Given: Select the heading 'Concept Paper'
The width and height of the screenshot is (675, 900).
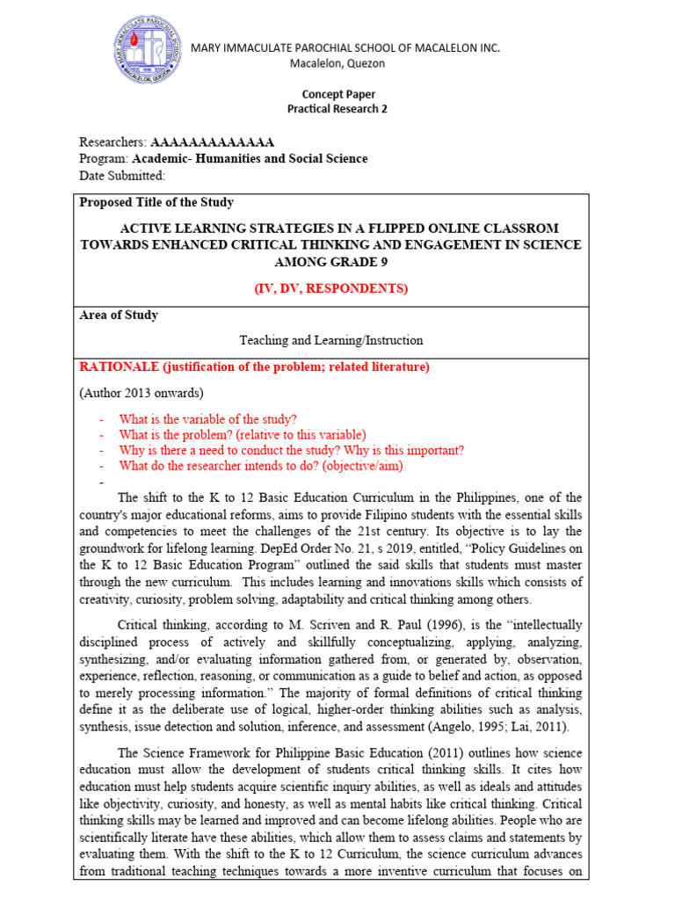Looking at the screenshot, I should (337, 95).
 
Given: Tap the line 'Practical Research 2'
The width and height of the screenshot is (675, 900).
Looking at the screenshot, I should (337, 109).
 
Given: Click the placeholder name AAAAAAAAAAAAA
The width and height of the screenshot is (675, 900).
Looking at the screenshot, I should (213, 142).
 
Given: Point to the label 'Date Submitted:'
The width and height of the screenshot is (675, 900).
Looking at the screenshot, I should (122, 176).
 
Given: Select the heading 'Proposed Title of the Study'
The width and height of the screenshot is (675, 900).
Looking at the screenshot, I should (156, 202).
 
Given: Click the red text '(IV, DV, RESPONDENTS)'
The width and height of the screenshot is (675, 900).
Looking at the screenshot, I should (337, 287).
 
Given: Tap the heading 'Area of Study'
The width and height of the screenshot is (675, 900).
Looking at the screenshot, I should (119, 315).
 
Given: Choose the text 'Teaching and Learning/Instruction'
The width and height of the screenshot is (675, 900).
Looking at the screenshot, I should (331, 340).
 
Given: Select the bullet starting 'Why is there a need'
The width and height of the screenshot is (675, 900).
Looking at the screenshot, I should (292, 451).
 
